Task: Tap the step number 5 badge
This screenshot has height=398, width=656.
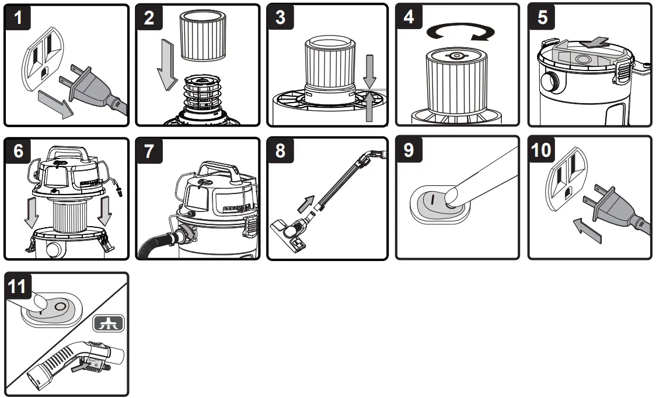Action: coord(543,18)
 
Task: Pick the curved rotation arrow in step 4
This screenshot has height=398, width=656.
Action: coord(457,32)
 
